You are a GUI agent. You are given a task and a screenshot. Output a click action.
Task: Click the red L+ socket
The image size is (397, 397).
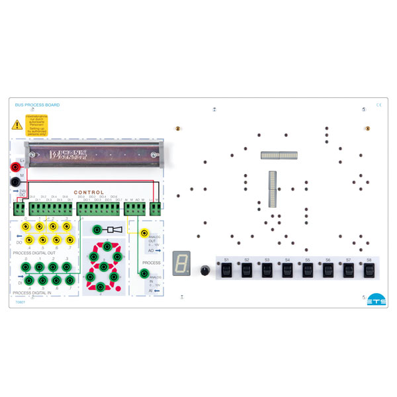click(x=15, y=168)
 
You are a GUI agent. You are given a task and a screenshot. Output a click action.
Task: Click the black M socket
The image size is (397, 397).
click(x=15, y=183)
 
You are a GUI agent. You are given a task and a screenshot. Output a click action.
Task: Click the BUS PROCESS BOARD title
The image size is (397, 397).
click(x=37, y=105)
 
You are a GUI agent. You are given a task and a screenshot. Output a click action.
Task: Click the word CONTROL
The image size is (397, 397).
click(x=89, y=193)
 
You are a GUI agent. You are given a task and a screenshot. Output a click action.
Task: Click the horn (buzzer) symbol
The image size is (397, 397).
click(x=112, y=230)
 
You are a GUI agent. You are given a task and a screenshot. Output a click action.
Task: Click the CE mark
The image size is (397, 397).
click(x=378, y=105)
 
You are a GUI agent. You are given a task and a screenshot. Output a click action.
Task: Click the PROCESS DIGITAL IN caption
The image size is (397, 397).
click(x=36, y=292)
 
